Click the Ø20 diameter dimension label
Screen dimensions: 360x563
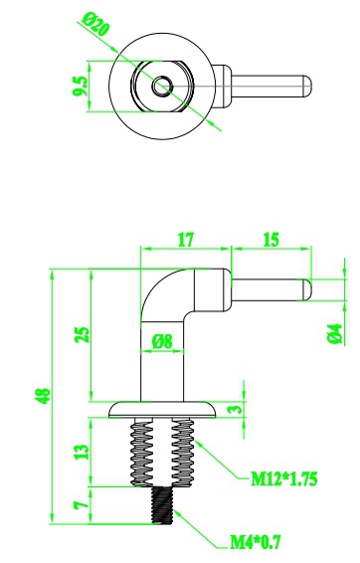click(x=95, y=25)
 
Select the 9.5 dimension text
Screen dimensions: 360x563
click(x=80, y=86)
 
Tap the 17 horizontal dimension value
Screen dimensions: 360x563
click(x=186, y=240)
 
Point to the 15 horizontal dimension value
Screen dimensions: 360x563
click(x=270, y=240)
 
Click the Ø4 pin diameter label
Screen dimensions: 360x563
click(x=334, y=334)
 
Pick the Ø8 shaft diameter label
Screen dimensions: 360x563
click(x=162, y=341)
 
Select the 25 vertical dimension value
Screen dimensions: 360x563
click(x=83, y=334)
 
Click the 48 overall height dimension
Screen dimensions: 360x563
click(x=44, y=396)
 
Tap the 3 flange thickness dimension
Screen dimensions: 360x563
click(x=236, y=409)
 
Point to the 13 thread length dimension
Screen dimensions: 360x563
click(x=82, y=452)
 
